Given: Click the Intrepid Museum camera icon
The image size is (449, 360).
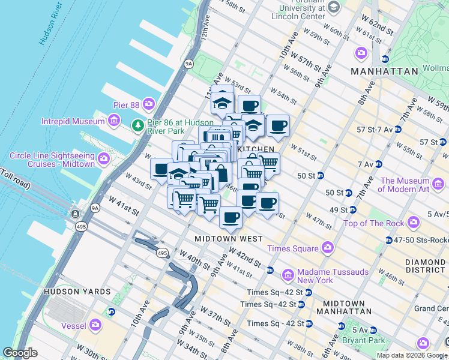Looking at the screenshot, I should point(113,122).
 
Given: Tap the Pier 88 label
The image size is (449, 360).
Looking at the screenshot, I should point(126,105).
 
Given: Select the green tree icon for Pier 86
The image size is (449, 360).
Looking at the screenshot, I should point(137,125).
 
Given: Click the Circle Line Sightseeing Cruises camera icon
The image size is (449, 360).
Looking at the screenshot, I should point(104,159).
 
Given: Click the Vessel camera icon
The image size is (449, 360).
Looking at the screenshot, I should point(95,326).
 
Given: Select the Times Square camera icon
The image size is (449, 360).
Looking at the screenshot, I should point(327,247).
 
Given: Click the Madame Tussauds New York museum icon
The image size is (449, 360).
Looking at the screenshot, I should point(288,275).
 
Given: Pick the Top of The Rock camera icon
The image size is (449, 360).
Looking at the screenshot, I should point(414,223).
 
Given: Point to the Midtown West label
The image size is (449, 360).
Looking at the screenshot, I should point(229,239).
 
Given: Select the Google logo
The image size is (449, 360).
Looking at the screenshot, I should point(20,353).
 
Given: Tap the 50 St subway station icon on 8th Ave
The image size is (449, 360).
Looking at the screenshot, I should point(321,175).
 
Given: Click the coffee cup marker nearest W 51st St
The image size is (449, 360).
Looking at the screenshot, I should point(277,127).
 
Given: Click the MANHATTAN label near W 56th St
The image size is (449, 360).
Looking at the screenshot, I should point(384,71).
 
